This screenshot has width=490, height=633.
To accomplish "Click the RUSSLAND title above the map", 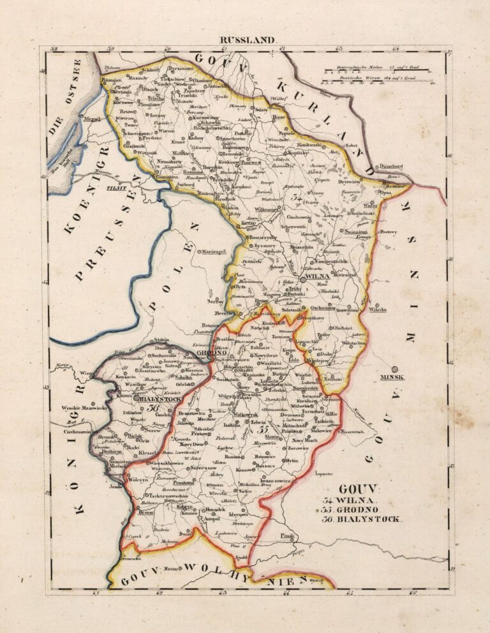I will point(249,40).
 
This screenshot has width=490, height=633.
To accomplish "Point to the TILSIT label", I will point(115,188).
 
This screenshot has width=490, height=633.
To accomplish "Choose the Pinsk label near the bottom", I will point(286,536).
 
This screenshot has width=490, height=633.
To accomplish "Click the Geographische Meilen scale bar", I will point(377,69).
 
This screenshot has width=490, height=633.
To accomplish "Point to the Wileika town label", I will point(377,309).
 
